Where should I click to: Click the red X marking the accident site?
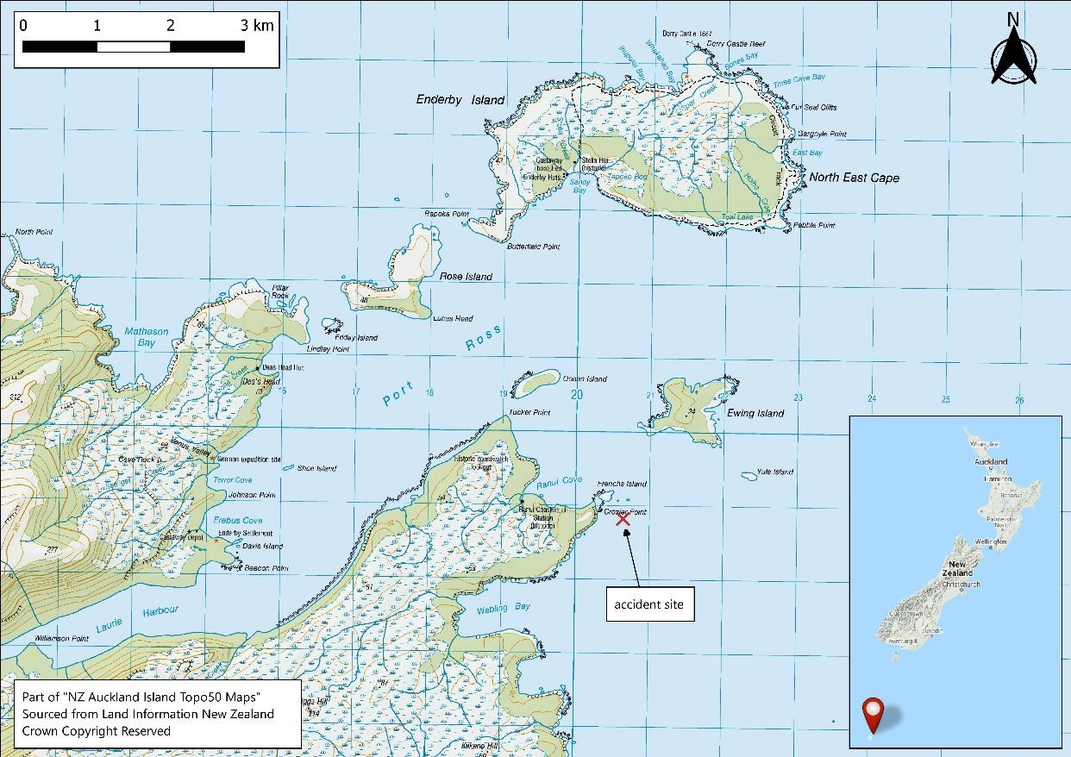623,519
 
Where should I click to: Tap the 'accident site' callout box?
648,604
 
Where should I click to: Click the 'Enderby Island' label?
460,100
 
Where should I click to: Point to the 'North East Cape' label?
854,178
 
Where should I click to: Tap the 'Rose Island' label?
466,277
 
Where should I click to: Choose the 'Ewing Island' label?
755,413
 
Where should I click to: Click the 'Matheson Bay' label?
147,337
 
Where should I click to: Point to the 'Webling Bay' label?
504,608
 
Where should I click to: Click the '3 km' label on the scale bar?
257,25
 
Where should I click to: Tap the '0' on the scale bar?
23,25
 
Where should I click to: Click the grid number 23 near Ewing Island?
799,397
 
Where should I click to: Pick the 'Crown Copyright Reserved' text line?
97,730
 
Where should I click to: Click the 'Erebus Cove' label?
240,521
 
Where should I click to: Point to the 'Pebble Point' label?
815,226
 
